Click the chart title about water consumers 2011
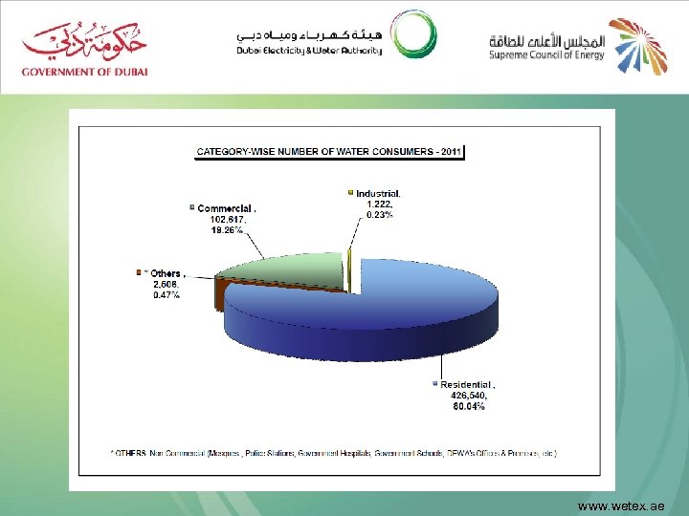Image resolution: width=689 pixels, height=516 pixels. coord(329,151)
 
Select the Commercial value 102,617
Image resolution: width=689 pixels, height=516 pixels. coord(228,219)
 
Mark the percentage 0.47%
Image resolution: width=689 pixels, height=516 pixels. coord(166,294)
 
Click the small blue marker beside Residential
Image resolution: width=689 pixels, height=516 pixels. coord(434,384)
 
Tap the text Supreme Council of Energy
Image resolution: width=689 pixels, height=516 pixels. coord(545,55)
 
